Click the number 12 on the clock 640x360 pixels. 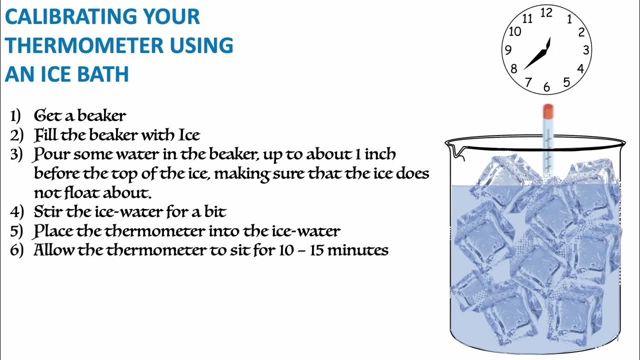tap(546, 13)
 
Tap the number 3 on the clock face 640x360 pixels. tap(586, 49)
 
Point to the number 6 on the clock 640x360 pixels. tap(546, 87)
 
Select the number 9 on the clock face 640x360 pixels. tap(508, 50)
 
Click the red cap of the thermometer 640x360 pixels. tap(547, 110)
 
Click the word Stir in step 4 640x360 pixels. tap(48, 212)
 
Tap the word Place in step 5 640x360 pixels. tap(52, 231)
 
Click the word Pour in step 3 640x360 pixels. tap(51, 154)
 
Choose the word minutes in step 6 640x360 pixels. tap(359, 250)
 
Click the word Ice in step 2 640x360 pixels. tap(189, 135)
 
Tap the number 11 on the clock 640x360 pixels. tap(527, 19)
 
